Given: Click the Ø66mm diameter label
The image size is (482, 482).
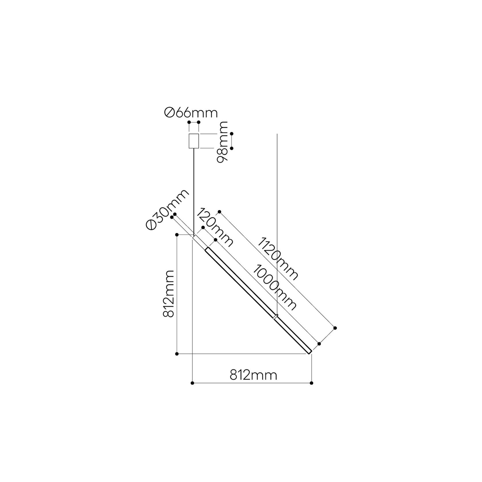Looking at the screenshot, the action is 191,113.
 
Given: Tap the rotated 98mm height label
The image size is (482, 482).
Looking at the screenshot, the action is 222,142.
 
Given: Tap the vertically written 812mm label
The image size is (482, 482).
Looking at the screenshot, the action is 168,293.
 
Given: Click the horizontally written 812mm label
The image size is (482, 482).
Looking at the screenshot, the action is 253,375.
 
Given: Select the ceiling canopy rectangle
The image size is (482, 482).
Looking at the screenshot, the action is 194,141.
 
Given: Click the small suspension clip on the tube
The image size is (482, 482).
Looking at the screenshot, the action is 276,316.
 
